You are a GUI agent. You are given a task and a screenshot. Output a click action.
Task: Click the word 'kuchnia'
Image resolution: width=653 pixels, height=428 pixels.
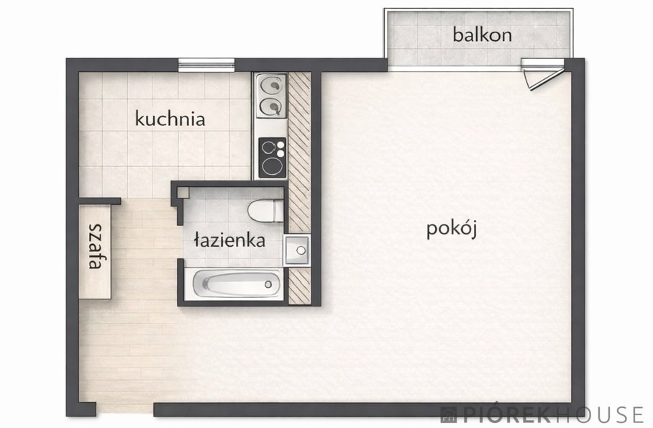click(x=170, y=119)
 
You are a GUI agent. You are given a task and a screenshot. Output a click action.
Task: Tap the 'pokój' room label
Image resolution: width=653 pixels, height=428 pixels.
click(x=452, y=229)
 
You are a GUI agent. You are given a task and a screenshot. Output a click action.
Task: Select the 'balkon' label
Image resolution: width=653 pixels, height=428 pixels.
click(x=482, y=34)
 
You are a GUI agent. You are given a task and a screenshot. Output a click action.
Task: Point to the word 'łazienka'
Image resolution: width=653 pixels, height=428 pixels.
click(x=229, y=240)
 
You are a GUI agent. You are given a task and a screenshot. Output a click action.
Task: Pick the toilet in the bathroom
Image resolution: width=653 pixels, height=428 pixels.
click(x=265, y=211)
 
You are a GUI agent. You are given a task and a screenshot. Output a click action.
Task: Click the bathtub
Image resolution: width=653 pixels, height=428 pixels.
click(x=237, y=283)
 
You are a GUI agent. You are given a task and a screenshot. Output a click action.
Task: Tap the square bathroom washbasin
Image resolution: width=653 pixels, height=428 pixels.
click(x=296, y=251)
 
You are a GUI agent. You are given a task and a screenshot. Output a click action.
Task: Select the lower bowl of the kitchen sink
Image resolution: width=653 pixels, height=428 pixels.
click(x=270, y=107)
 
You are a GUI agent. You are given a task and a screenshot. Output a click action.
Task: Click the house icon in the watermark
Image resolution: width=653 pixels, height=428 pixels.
click(x=449, y=414)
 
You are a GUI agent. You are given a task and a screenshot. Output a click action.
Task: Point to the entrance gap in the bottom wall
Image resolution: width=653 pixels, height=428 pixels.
click(x=124, y=410)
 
